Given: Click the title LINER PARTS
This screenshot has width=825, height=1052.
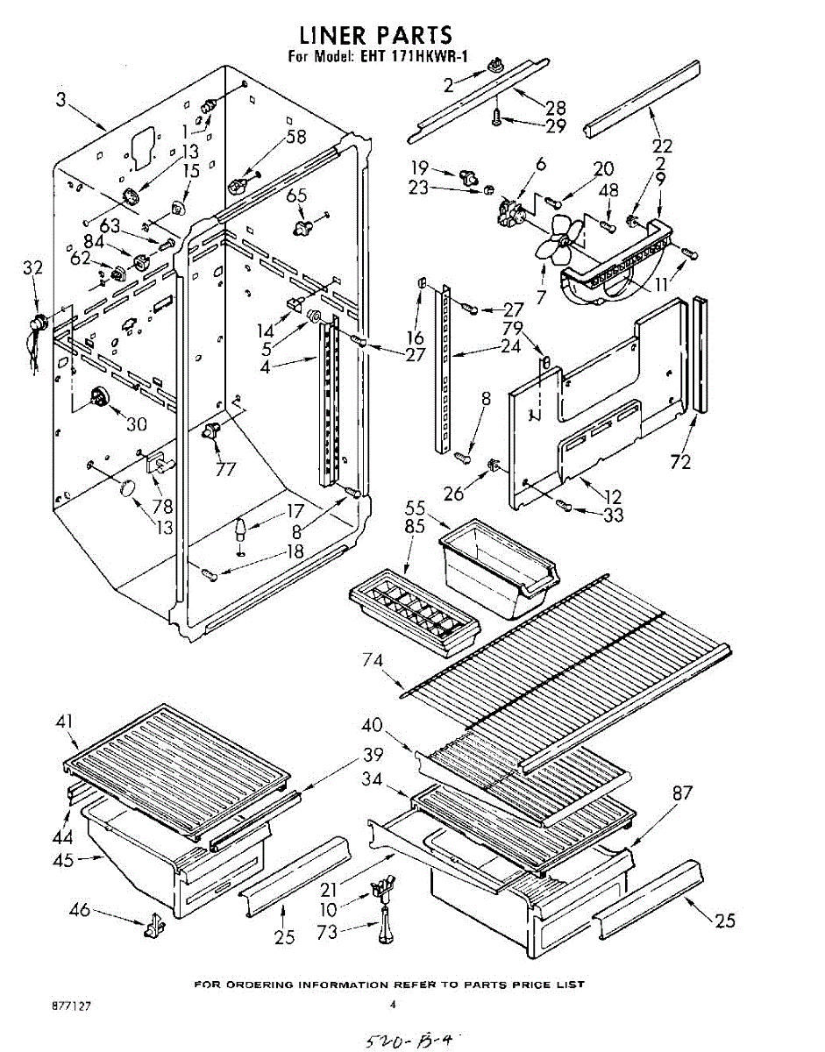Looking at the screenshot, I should tap(375, 35).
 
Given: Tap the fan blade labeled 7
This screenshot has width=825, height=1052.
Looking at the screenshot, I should tap(558, 243).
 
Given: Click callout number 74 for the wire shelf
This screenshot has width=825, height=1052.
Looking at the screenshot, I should tap(373, 659).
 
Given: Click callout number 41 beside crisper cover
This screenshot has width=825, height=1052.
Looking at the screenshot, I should tap(63, 723).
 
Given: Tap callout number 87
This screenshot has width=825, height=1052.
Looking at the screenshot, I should tap(682, 793).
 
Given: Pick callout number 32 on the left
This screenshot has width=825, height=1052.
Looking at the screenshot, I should tap(33, 269).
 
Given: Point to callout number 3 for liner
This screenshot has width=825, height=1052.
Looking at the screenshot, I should tap(60, 101).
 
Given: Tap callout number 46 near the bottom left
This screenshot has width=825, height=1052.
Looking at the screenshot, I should tap(79, 910).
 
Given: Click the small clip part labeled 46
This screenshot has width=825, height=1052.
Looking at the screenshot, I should tap(155, 924).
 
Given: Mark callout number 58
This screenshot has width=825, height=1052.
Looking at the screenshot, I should tap(296, 137).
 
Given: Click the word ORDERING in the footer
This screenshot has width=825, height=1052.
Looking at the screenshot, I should tap(258, 984).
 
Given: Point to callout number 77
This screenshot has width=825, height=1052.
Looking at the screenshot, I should tap(225, 468).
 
